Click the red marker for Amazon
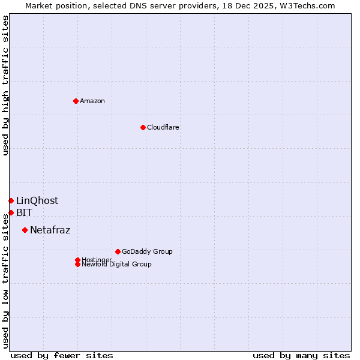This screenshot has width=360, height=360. click(76, 101)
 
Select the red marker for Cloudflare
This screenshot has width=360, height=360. click(143, 127)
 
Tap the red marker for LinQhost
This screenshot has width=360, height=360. click(11, 200)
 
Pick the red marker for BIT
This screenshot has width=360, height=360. click(11, 212)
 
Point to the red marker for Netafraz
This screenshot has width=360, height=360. click(25, 230)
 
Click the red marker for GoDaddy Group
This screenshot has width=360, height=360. click(118, 251)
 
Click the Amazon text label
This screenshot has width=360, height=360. click(92, 101)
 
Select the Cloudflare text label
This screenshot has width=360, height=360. click(163, 127)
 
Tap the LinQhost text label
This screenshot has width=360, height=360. click(37, 200)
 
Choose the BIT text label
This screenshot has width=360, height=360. click(25, 212)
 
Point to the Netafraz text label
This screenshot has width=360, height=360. click(50, 230)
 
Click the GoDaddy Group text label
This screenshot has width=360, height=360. click(147, 251)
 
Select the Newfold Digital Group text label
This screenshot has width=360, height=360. click(116, 264)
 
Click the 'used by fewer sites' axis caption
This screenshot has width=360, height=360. click(62, 355)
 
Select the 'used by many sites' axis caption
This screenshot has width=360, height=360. click(301, 355)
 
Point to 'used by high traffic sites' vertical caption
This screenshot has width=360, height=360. click(5, 86)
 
